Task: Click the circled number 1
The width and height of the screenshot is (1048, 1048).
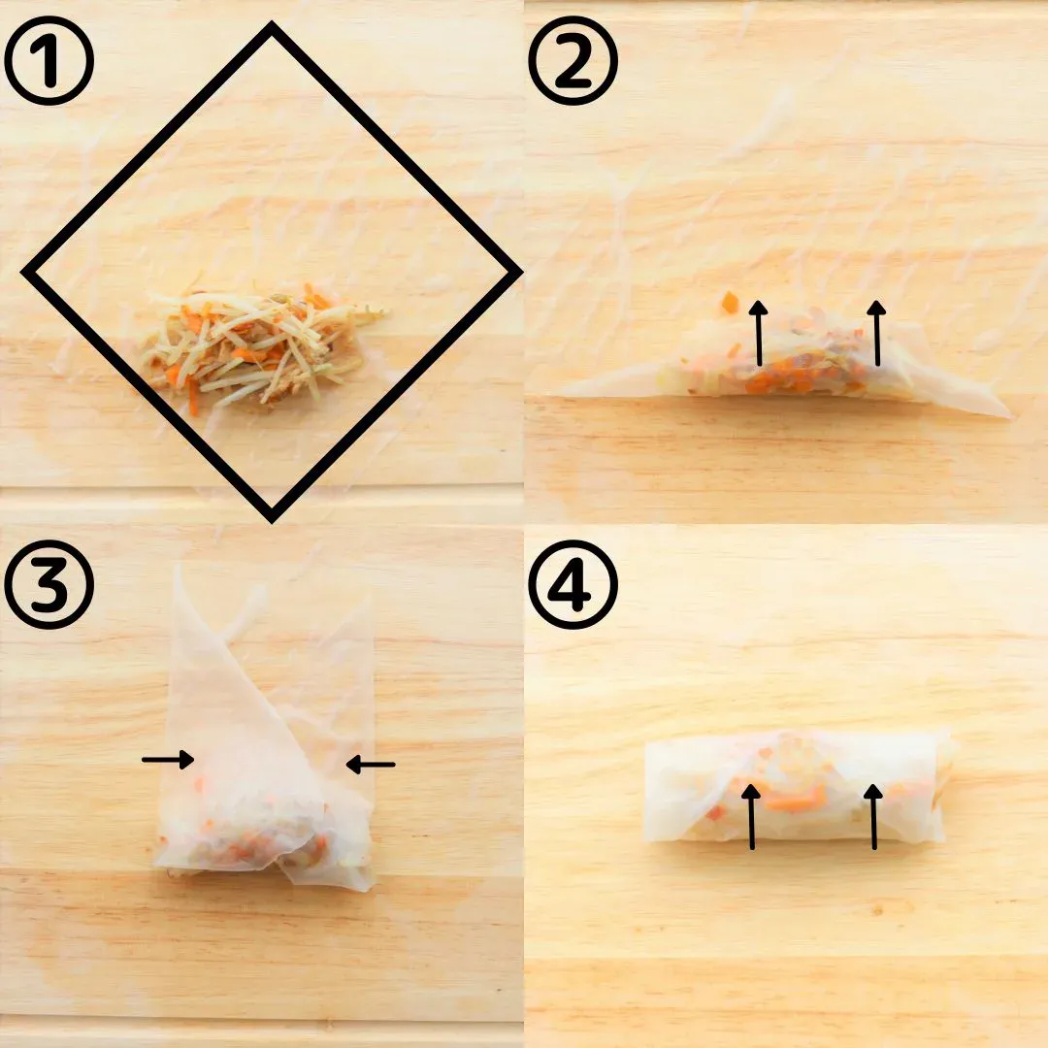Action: click(x=49, y=61)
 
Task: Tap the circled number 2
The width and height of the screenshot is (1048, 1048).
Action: click(x=573, y=61)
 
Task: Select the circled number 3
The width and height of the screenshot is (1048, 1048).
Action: click(x=49, y=585)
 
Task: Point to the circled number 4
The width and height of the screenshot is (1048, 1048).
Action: click(x=573, y=585)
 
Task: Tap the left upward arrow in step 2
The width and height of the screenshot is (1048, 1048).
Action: click(x=758, y=333)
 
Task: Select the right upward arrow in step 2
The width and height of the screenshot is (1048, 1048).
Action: click(x=876, y=333)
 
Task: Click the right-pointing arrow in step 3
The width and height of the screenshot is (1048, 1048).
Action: click(x=168, y=759)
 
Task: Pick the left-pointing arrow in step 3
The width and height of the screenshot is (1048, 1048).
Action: click(x=371, y=764)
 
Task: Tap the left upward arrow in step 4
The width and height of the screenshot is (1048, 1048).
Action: click(x=751, y=816)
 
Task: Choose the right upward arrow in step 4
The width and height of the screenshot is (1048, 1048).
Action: click(x=873, y=816)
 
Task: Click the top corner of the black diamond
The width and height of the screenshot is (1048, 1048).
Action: click(x=272, y=25)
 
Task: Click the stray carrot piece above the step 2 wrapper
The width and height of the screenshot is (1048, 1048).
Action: click(x=729, y=302)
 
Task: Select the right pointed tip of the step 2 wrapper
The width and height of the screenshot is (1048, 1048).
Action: click(x=1013, y=416)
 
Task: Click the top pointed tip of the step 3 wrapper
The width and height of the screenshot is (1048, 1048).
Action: click(x=177, y=567)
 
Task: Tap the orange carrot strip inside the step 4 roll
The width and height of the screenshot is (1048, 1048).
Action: click(x=796, y=799)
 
